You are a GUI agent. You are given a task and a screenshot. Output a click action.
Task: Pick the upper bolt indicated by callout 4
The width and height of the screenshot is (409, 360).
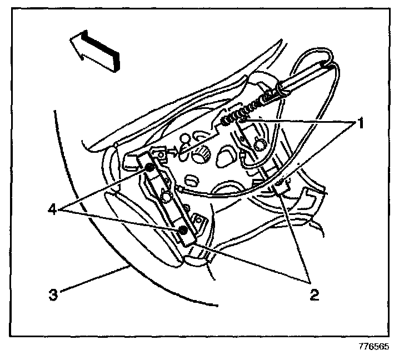[149, 168]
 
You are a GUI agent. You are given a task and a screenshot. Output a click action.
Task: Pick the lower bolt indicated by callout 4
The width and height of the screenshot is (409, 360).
[182, 229]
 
